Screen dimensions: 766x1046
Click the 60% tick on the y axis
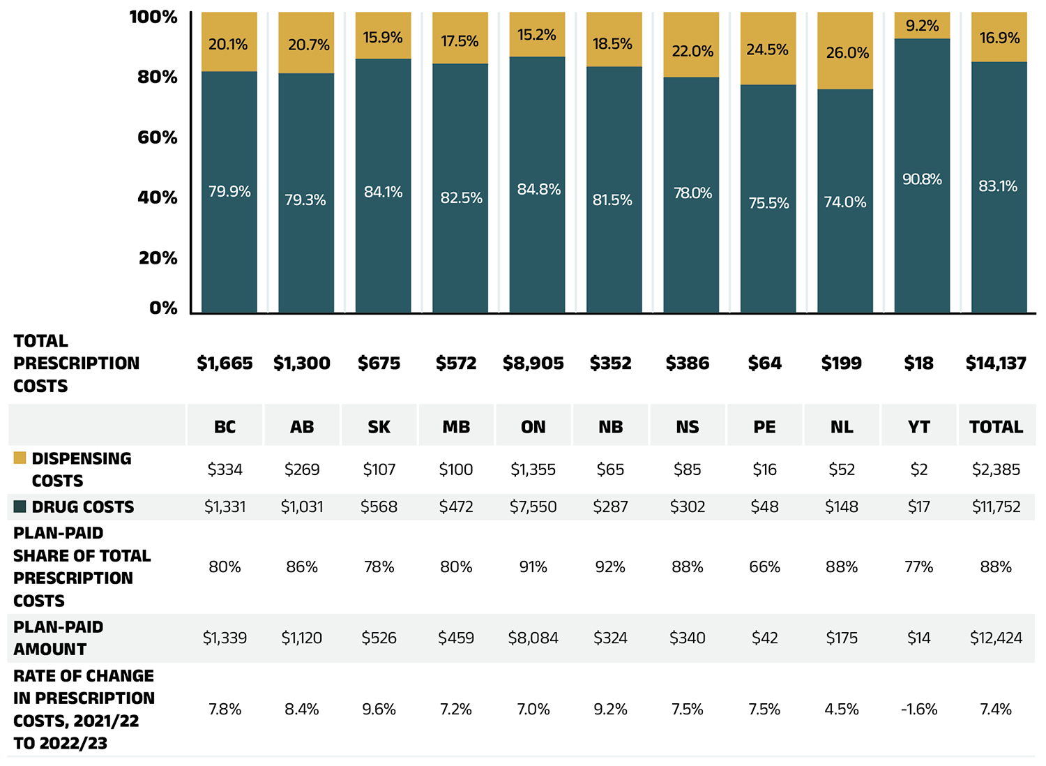point(158,137)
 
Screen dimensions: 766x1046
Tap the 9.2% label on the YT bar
point(922,26)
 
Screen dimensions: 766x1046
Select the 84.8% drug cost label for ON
point(538,189)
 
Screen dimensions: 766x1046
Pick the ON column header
point(533,427)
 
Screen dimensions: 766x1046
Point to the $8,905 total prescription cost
point(533,363)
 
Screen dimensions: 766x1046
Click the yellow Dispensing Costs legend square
point(20,458)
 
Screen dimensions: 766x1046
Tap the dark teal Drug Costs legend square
point(20,506)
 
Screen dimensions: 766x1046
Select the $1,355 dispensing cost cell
point(533,470)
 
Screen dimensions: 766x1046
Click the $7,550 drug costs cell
point(533,507)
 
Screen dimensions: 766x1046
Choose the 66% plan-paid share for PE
point(764,567)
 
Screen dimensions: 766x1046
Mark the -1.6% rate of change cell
point(919,709)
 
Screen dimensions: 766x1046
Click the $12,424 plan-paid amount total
point(996,638)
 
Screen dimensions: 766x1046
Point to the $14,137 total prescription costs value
point(996,363)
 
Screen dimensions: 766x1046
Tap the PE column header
point(764,427)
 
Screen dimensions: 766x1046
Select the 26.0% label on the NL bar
point(847,53)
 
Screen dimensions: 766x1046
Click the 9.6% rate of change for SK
point(379,709)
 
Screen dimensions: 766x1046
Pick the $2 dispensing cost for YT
point(919,470)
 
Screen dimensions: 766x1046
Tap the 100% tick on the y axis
point(153,17)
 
